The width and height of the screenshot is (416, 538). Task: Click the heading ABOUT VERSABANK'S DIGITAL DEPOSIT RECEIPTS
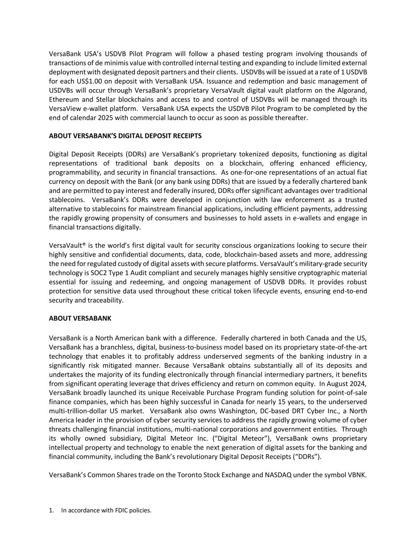pos(125,136)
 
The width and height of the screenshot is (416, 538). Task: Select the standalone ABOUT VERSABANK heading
pos(80,318)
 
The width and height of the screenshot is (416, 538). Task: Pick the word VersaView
pos(65,108)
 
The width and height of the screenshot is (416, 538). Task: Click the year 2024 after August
pos(359,383)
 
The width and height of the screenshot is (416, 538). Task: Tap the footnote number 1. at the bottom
pos(51,510)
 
